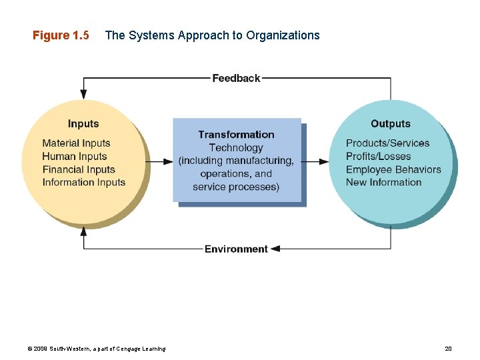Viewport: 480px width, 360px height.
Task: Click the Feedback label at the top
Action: (x=236, y=78)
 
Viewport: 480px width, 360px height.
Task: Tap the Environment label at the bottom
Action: (x=236, y=249)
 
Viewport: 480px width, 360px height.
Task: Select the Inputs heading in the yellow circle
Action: (x=83, y=123)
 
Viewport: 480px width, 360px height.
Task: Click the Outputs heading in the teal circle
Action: (x=391, y=123)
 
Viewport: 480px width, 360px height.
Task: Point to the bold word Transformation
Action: (x=236, y=135)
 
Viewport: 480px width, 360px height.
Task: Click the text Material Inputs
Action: (x=76, y=143)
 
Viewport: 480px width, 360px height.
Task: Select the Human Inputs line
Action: (x=75, y=156)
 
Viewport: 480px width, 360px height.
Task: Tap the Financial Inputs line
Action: (x=79, y=169)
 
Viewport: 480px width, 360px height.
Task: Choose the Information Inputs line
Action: (x=84, y=182)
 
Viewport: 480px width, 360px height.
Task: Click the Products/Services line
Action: (x=388, y=143)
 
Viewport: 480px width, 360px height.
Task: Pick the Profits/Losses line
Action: (x=379, y=156)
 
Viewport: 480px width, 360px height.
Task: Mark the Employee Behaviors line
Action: (x=393, y=169)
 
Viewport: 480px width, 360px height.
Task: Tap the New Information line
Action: (x=384, y=182)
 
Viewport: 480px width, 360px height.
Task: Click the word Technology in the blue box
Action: (x=236, y=147)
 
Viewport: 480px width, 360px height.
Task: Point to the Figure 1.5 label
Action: (x=61, y=35)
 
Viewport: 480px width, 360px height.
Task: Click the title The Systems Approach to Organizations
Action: (x=213, y=35)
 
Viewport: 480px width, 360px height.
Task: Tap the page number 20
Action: (x=448, y=349)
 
